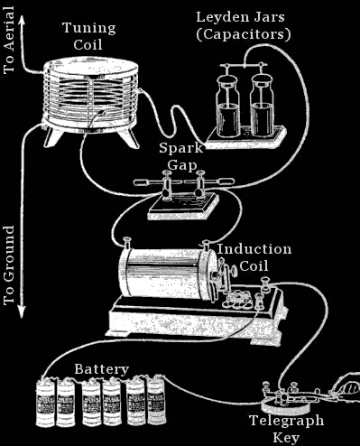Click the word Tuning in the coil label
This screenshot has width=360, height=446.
tap(89, 28)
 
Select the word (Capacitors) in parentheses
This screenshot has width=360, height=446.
tap(244, 34)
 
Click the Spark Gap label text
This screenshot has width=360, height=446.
tap(181, 157)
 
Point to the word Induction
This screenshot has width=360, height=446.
tap(254, 249)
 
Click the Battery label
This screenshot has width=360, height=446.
tap(102, 369)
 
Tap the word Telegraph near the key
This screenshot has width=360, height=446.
tap(287, 421)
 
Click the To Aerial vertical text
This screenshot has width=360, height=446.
tap(9, 40)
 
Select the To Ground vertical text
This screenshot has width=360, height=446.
tap(9, 265)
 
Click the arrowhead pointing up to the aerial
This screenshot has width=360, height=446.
tap(22, 20)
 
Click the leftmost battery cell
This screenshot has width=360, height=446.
tap(45, 402)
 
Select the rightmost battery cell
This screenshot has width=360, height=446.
tap(156, 399)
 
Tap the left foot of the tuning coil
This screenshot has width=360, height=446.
tap(53, 137)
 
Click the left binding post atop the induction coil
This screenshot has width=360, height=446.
tap(127, 243)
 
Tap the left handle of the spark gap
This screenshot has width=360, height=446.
tap(148, 182)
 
